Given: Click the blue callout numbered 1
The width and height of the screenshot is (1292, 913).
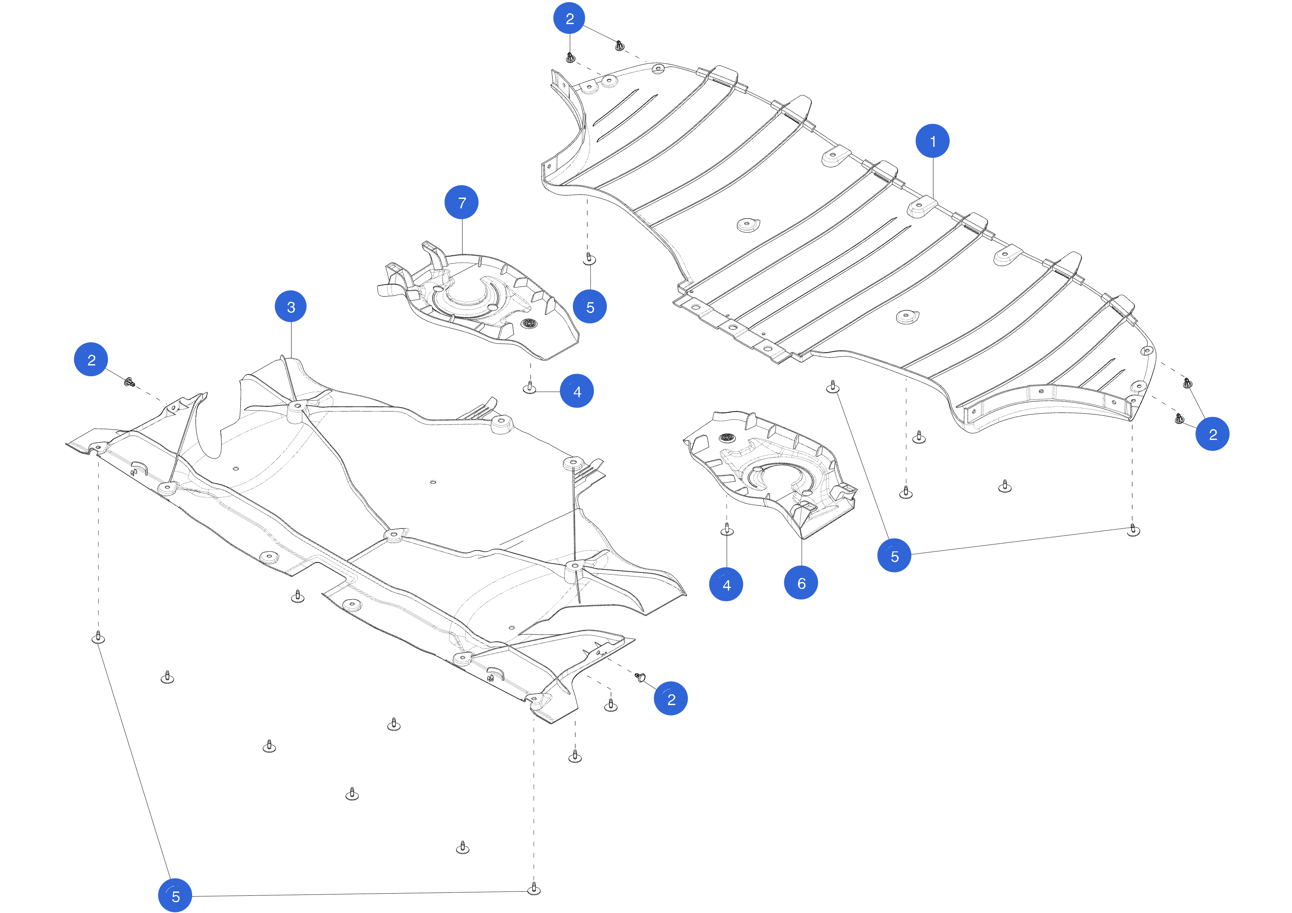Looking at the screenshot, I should pos(932,141).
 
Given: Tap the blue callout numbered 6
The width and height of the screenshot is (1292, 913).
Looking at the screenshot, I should pos(801,583).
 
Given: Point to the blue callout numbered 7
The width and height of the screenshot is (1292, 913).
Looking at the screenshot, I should pos(461,202).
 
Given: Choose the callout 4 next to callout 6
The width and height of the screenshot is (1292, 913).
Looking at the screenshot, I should pos(726,585).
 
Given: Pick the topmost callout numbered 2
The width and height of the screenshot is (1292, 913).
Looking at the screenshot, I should pos(569,19).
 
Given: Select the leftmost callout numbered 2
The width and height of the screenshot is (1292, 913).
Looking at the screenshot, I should pos(91,359).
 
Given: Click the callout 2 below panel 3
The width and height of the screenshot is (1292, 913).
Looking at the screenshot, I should pos(671,699).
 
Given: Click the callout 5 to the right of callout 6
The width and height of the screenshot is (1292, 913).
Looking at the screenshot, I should pos(894,556).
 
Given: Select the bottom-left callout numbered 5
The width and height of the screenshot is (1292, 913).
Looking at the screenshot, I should pos(175,895).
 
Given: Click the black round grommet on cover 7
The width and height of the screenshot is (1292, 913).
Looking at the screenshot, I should pos(529,323).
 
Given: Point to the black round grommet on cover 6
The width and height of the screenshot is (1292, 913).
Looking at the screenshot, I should pos(727,438).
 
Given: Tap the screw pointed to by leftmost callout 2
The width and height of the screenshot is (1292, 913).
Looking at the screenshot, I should pos(130,383).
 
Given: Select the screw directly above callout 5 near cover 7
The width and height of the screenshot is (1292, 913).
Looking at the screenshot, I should pos(589,259).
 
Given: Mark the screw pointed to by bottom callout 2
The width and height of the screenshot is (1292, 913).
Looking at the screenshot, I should pos(640,677).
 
